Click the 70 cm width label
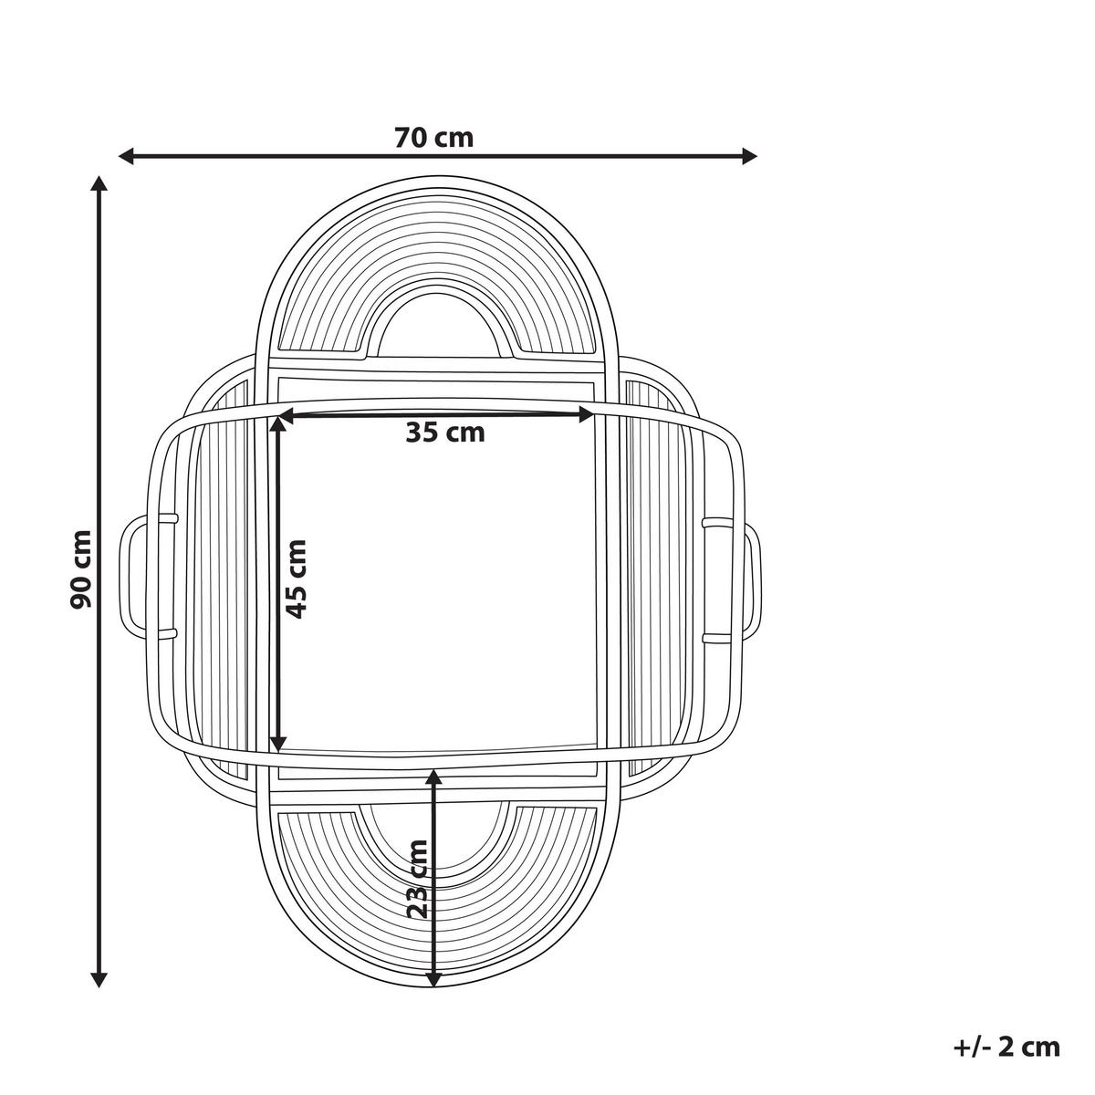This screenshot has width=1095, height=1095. tap(433, 138)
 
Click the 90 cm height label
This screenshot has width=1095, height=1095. tap(80, 569)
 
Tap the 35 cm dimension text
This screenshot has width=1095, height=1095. tap(445, 433)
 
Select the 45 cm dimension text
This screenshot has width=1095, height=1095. tap(296, 579)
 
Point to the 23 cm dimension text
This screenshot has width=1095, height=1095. tap(418, 888)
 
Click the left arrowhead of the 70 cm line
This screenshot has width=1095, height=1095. tap(126, 156)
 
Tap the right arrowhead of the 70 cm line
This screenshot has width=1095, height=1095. tap(749, 156)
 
